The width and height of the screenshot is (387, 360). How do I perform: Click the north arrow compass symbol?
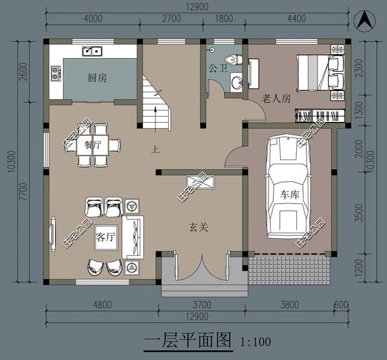(x=364, y=20)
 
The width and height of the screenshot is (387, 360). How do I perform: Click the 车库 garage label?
(x=290, y=195)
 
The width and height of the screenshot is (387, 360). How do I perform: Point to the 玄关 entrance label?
(x=198, y=228)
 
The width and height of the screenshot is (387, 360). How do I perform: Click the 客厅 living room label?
(x=105, y=237)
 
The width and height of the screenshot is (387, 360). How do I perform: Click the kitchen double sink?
(x=93, y=51)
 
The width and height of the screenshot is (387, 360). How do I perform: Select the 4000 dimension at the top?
(x=92, y=18)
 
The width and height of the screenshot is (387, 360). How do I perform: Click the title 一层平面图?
(x=189, y=341)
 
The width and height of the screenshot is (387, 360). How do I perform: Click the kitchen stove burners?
(x=56, y=74)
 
